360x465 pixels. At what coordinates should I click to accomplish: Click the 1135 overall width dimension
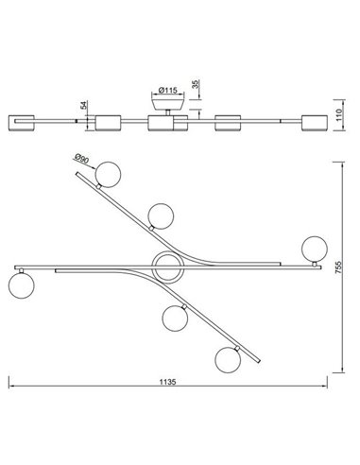[x=167, y=382]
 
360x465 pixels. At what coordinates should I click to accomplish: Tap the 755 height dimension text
[x=338, y=267]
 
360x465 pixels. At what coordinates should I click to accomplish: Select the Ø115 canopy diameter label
[x=167, y=91]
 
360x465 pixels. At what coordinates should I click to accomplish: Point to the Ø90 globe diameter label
[x=82, y=159]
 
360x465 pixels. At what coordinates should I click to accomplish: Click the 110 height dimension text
[x=339, y=115]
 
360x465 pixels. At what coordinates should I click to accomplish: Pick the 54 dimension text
[x=84, y=105]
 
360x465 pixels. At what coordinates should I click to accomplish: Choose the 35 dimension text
[x=196, y=84]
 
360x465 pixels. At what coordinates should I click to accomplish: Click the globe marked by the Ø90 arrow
[x=108, y=175]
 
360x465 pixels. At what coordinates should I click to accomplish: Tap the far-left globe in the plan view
[x=22, y=285]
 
